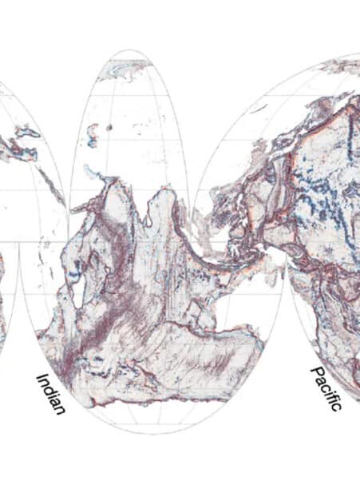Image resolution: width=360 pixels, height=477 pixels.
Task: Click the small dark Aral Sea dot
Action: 108,127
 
